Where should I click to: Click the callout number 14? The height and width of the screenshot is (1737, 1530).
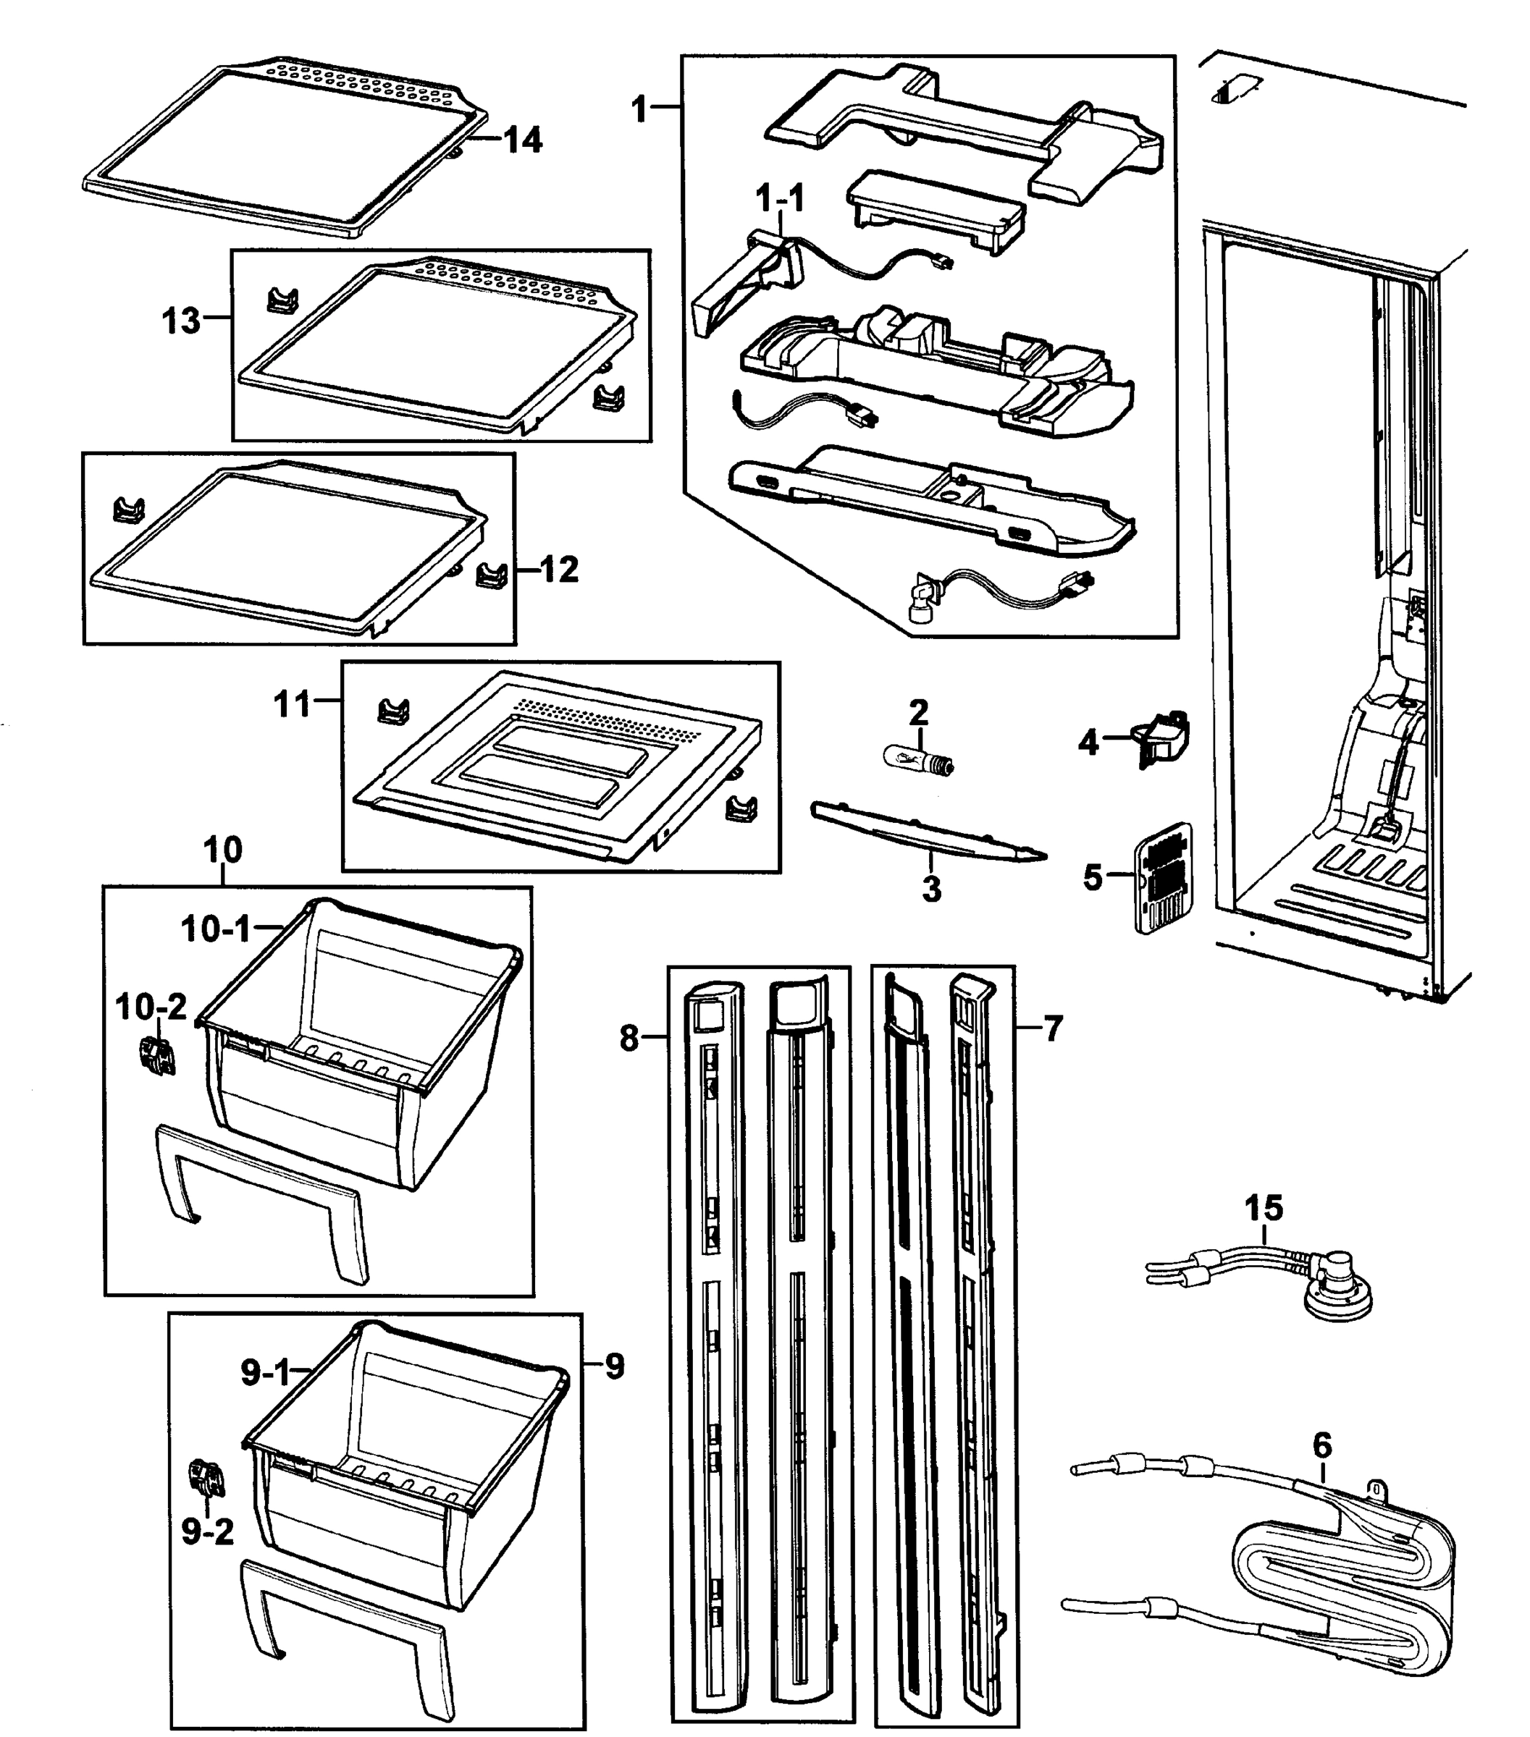pos(523,140)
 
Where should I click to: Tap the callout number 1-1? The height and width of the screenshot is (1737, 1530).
pos(779,199)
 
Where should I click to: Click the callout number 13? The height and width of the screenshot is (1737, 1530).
pos(181,321)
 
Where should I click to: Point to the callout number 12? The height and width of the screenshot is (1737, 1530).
pos(559,570)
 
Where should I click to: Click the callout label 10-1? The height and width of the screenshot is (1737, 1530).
pos(216,930)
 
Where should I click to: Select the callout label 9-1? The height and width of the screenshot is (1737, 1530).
pos(265,1372)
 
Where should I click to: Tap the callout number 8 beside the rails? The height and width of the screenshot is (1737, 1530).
pos(629,1038)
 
